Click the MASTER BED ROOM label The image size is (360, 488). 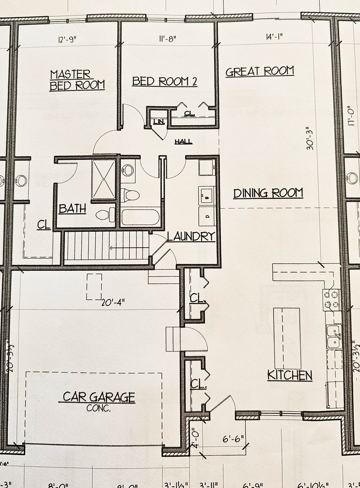pyautogui.click(x=76, y=80)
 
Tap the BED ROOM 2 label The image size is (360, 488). pyautogui.click(x=165, y=81)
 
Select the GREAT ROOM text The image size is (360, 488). pyautogui.click(x=260, y=71)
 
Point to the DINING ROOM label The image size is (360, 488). pyautogui.click(x=268, y=193)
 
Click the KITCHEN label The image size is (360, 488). pyautogui.click(x=290, y=375)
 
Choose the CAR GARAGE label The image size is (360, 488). pyautogui.click(x=98, y=397)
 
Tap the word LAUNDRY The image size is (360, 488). pyautogui.click(x=190, y=236)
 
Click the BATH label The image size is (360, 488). pyautogui.click(x=72, y=209)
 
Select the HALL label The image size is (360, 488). pyautogui.click(x=183, y=142)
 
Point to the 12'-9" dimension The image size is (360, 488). pyautogui.click(x=68, y=39)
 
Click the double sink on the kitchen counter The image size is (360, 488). pyautogui.click(x=334, y=336)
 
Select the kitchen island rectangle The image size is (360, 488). pyautogui.click(x=287, y=339)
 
